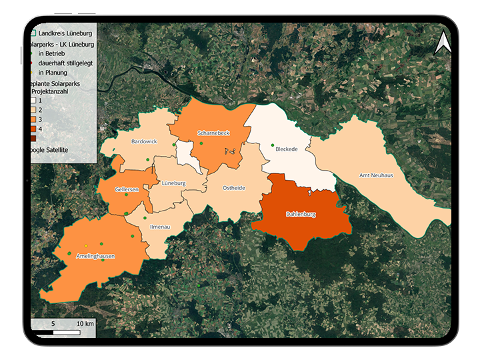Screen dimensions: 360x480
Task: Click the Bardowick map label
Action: (144, 141)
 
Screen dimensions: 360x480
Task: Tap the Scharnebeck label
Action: (214, 133)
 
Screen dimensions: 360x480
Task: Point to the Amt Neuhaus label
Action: (376, 175)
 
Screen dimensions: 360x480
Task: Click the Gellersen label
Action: (127, 189)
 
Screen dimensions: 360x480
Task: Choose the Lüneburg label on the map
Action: (173, 183)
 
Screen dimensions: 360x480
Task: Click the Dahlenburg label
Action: (300, 215)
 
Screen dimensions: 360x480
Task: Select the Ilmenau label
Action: (159, 227)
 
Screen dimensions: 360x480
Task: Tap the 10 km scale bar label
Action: (85, 323)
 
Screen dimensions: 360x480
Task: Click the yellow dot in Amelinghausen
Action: (87, 247)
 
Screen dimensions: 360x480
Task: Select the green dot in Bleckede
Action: (273, 145)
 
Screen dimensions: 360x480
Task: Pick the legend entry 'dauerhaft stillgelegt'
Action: (65, 63)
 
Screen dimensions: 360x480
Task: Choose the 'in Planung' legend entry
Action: (53, 72)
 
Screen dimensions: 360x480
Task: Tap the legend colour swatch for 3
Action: (32, 119)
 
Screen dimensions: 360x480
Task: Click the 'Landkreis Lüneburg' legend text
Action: (65, 32)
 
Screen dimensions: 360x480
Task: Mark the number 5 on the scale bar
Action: (53, 323)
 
